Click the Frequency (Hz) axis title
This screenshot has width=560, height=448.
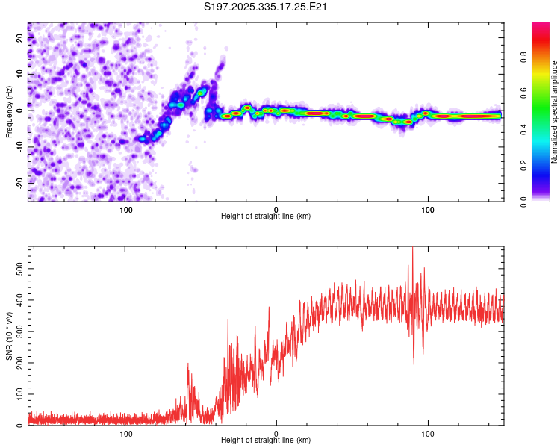9,112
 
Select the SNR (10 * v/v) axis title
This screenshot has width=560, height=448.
9,336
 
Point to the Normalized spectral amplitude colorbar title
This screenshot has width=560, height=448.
555,112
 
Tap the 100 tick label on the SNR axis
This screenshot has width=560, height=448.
16,393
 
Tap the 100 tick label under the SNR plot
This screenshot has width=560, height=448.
428,434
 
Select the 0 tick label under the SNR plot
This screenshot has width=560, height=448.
276,434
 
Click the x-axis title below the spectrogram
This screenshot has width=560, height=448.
266,217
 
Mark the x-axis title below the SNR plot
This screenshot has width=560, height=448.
266,442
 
